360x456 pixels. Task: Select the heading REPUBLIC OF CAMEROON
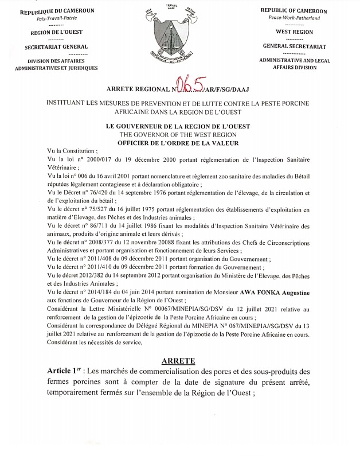click(x=294, y=11)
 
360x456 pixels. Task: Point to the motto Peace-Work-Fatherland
click(x=294, y=18)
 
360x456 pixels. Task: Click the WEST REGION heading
click(x=294, y=32)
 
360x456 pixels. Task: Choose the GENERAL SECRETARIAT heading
click(x=294, y=46)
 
